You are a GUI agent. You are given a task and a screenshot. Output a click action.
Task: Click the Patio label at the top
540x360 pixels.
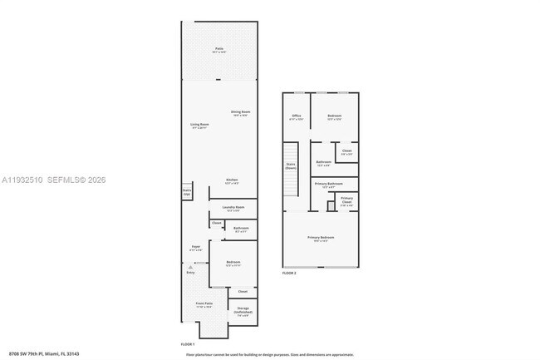[x=219, y=49]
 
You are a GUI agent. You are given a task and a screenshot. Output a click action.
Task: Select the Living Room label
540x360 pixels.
[x=199, y=125]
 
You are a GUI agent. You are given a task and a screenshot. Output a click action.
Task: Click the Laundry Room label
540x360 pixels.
[x=233, y=208]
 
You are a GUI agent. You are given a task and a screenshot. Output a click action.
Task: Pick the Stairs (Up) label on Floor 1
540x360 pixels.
[x=187, y=191]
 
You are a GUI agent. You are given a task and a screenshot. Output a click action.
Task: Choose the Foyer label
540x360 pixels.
[x=196, y=247]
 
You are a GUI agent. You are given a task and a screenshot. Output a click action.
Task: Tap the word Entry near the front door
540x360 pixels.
[x=190, y=272]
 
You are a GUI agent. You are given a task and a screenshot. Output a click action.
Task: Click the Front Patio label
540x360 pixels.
[x=204, y=305]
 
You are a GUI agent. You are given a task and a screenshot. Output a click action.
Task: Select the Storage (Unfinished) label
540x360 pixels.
[x=243, y=312]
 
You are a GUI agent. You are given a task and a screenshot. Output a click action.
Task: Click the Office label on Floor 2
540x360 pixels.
[x=296, y=116]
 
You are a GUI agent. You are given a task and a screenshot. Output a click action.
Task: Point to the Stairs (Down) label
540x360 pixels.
[x=291, y=165]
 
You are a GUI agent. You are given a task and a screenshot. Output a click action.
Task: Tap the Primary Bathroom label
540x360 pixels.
[x=328, y=184]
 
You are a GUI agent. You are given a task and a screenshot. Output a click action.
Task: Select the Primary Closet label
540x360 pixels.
[x=346, y=200]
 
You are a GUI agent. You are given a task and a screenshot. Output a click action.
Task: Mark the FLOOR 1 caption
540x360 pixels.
[x=188, y=343]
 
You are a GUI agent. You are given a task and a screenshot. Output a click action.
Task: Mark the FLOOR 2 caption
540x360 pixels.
[x=289, y=273]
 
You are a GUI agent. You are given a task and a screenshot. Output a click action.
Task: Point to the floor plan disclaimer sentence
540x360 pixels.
[x=269, y=353]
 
